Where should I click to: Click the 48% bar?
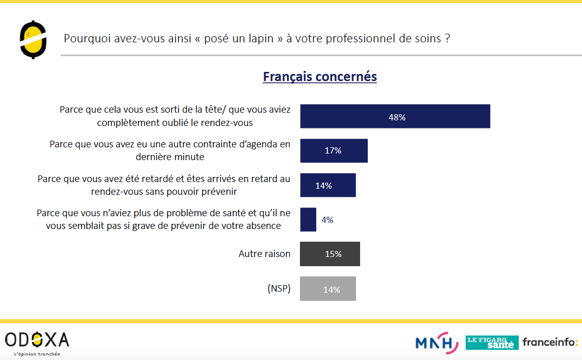(x=395, y=116)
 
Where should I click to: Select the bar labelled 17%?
(x=334, y=150)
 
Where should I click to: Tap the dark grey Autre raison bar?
(x=330, y=254)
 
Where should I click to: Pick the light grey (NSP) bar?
(x=328, y=289)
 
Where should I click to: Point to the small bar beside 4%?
(x=308, y=220)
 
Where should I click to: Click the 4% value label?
(x=327, y=220)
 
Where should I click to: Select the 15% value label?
(x=333, y=254)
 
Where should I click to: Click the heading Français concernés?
(x=320, y=76)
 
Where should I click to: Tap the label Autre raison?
(x=264, y=253)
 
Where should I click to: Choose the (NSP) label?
(x=279, y=289)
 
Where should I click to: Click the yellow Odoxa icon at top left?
(x=33, y=39)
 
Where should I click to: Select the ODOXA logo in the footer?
(x=37, y=340)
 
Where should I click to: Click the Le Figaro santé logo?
(x=492, y=343)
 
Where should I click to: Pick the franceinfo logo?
(x=550, y=342)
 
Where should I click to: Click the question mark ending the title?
(x=447, y=39)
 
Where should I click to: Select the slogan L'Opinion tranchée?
(x=37, y=354)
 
